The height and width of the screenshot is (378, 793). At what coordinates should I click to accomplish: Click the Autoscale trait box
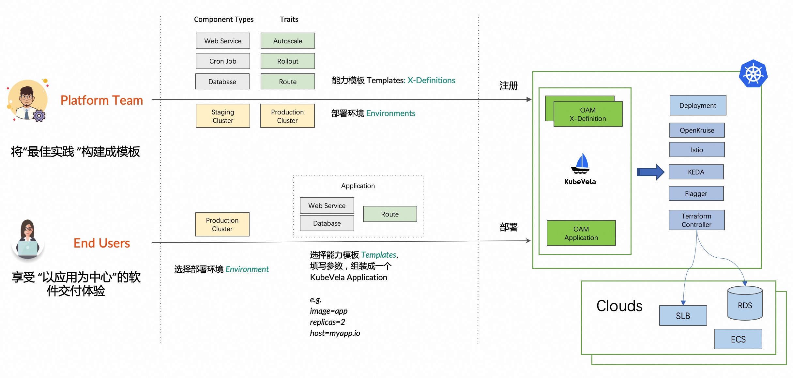click(288, 41)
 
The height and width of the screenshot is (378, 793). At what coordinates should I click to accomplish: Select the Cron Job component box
click(223, 61)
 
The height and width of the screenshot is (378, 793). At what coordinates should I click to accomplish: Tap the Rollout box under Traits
click(288, 61)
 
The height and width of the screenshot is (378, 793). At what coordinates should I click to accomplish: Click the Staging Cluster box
click(223, 116)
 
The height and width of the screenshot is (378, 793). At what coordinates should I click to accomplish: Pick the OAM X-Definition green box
click(588, 114)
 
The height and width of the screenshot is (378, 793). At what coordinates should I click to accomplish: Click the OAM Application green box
click(581, 233)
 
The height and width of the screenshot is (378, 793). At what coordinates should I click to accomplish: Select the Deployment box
click(698, 105)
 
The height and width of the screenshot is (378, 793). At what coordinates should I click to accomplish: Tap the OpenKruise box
click(697, 130)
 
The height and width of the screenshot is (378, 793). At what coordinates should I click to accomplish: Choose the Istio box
click(697, 150)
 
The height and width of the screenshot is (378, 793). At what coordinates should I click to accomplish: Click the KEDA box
click(696, 172)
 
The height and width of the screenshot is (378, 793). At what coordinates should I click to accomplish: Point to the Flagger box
click(696, 193)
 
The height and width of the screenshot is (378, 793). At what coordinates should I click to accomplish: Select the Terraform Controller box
click(696, 220)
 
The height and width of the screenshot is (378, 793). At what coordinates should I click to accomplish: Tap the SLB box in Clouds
click(683, 315)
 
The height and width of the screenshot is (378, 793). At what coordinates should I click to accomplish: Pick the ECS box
click(738, 339)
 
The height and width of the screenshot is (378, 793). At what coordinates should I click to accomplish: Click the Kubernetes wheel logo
click(753, 74)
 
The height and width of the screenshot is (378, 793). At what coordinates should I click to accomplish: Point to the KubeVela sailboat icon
click(580, 164)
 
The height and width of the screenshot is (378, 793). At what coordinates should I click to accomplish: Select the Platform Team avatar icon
click(28, 100)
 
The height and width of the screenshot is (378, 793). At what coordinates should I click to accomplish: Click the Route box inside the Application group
click(390, 214)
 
